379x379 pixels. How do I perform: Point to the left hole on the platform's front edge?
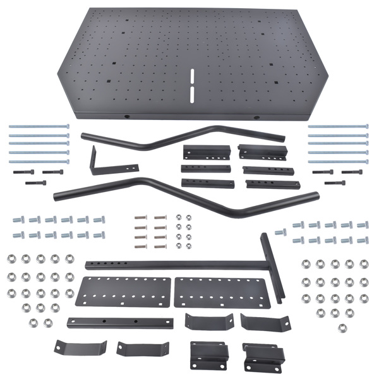(126, 116)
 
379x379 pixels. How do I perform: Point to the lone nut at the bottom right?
(342, 327)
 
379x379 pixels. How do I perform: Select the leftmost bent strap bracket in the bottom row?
(80, 347)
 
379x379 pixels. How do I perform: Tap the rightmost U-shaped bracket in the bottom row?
(263, 356)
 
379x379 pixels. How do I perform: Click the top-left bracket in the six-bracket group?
(204, 152)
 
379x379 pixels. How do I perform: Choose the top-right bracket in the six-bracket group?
(263, 152)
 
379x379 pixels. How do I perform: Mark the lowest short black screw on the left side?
(35, 183)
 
